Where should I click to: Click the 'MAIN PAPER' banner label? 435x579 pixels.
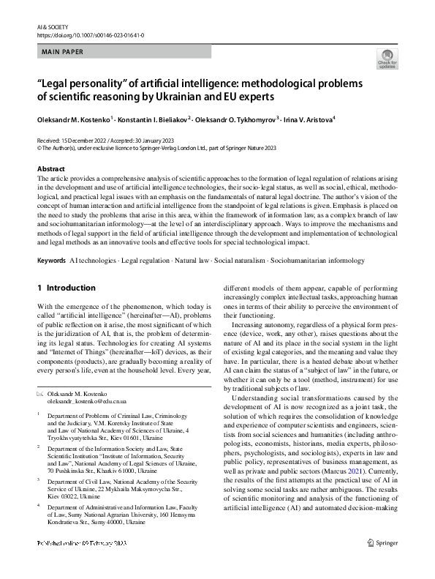coord(64,52)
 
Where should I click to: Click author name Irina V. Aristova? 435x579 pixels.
coord(305,119)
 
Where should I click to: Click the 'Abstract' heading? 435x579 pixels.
coord(51,169)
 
